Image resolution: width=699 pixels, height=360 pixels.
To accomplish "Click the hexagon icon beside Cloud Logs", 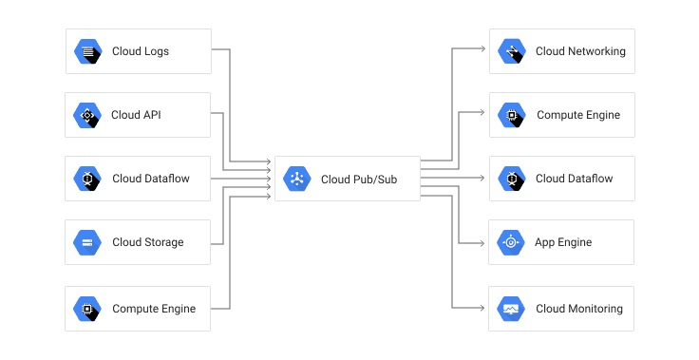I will tap(88, 51).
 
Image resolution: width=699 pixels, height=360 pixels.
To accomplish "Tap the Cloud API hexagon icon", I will tap(87, 115).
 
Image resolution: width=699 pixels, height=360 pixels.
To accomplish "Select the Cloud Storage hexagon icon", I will tap(87, 242).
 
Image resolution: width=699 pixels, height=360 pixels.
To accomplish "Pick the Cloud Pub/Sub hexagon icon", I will tap(297, 179).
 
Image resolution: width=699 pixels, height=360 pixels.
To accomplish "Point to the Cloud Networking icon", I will tap(512, 51).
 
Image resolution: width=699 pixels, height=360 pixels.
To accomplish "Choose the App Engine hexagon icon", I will tap(511, 242).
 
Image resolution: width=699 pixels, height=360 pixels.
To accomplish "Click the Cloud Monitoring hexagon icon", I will tap(511, 309).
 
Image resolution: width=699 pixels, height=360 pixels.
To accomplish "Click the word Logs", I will tap(157, 51).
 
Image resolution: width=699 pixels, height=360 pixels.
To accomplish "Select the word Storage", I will tap(164, 242).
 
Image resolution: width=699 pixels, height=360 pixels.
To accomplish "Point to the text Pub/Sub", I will tap(376, 179).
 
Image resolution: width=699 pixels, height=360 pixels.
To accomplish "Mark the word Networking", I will tap(595, 51).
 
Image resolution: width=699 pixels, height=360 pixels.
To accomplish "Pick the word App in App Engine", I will tap(545, 242).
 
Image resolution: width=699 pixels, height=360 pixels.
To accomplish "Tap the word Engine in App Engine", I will tap(576, 242).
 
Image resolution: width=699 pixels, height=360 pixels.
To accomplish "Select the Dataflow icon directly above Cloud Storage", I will tap(87, 179).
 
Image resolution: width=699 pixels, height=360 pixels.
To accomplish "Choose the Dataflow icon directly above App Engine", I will tap(512, 179).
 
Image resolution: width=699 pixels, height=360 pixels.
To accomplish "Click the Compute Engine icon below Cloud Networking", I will tap(512, 115).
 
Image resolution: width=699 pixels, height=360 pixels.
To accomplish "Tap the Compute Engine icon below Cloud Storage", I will tap(87, 309).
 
